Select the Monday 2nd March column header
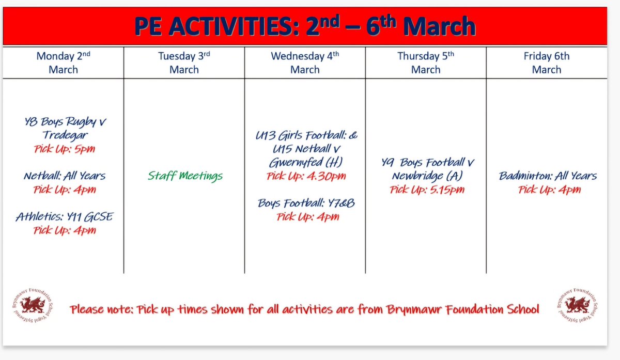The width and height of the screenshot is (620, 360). coord(63,62)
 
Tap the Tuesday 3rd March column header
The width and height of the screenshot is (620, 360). coord(184,62)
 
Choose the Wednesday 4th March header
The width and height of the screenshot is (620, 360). coord(305,62)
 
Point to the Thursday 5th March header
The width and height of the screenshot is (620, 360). coord(426,62)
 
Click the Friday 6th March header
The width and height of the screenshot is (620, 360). coord(547,62)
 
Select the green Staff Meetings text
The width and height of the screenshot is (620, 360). coord(185,176)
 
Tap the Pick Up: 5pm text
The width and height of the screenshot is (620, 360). coord(65,149)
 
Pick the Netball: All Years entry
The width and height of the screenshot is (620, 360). coord(65,176)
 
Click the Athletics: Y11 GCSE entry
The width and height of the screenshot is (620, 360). coord(64,217)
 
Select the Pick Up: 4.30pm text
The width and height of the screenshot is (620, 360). coord(306,177)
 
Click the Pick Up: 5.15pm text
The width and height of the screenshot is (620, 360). coord(427,190)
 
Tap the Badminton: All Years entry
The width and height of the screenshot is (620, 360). coord(548,176)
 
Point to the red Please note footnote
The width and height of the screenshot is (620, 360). coord(305,309)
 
